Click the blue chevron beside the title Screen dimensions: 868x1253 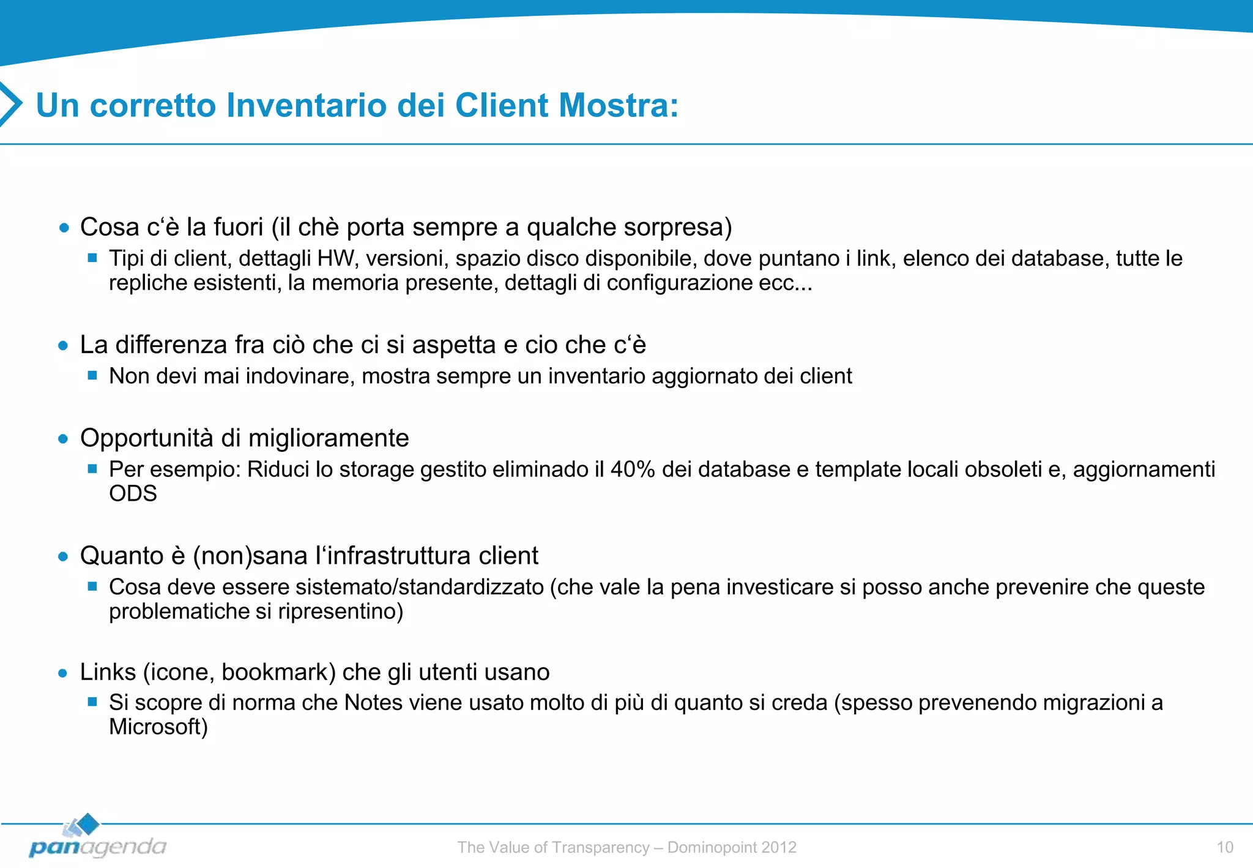11,104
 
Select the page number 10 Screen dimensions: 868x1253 1224,847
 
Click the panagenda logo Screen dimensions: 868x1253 97,838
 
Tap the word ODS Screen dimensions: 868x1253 133,493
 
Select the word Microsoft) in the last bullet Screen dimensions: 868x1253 158,727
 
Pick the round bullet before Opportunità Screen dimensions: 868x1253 63,439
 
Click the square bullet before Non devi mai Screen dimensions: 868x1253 92,375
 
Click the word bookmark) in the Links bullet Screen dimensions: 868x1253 278,672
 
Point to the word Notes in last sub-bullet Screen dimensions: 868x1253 373,703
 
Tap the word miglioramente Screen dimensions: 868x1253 328,438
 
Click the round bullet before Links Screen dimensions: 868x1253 63,673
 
